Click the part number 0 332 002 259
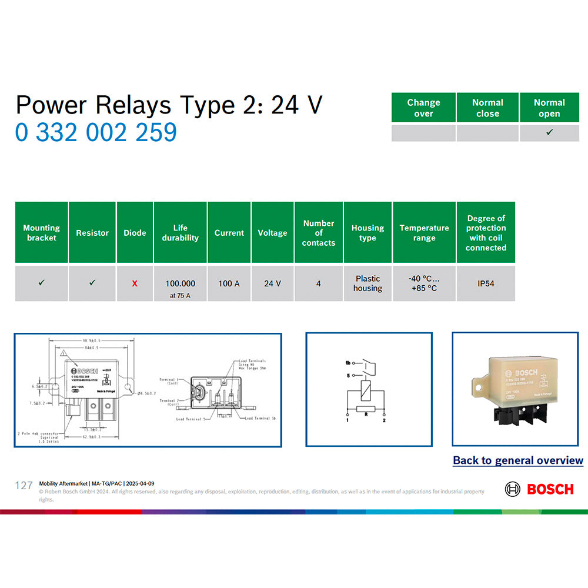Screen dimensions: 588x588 pyautogui.click(x=96, y=132)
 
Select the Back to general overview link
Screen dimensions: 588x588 pyautogui.click(x=517, y=460)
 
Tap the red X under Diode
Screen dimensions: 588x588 pyautogui.click(x=135, y=283)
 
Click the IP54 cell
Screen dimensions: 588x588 pyautogui.click(x=486, y=283)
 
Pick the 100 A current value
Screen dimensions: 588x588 pyautogui.click(x=229, y=283)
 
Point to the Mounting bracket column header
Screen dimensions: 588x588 pyautogui.click(x=41, y=233)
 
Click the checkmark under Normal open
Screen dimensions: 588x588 pyautogui.click(x=549, y=133)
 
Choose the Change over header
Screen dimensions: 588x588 pyautogui.click(x=423, y=108)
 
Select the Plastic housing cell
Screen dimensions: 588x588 pyautogui.click(x=367, y=283)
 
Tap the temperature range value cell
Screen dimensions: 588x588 pyautogui.click(x=424, y=283)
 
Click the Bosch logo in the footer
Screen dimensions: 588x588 pyautogui.click(x=539, y=489)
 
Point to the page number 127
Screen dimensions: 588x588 pyautogui.click(x=24, y=485)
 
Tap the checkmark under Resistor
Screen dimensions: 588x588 pyautogui.click(x=92, y=283)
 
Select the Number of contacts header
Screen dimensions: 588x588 pyautogui.click(x=318, y=233)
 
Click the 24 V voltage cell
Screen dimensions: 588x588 pyautogui.click(x=272, y=283)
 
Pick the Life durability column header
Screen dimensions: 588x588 pyautogui.click(x=180, y=233)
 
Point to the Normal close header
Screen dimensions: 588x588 pyautogui.click(x=487, y=108)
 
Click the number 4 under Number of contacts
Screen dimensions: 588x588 pyautogui.click(x=318, y=283)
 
